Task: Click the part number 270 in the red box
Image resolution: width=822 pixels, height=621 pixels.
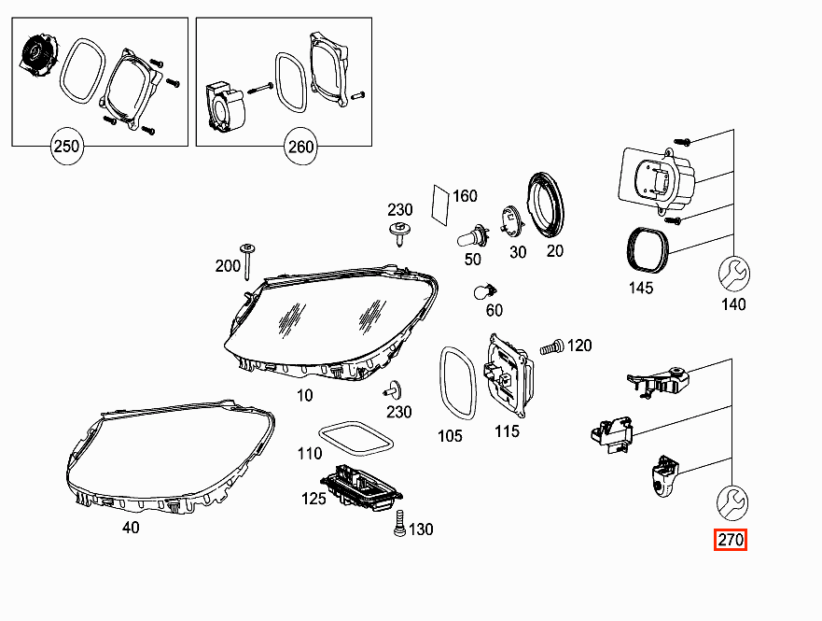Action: pyautogui.click(x=731, y=540)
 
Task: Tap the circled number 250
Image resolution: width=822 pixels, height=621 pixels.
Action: pyautogui.click(x=67, y=147)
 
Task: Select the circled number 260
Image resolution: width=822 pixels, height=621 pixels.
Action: pyautogui.click(x=301, y=147)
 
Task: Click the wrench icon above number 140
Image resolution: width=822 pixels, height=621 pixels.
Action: pyautogui.click(x=734, y=274)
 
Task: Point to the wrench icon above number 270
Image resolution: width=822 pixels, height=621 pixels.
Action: pyautogui.click(x=732, y=502)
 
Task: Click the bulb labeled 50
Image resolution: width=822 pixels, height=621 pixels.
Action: pyautogui.click(x=473, y=236)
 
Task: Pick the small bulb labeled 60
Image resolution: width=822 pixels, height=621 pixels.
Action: pyautogui.click(x=485, y=291)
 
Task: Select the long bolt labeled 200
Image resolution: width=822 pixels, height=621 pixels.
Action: pyautogui.click(x=246, y=261)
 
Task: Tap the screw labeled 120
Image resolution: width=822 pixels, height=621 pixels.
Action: pyautogui.click(x=552, y=346)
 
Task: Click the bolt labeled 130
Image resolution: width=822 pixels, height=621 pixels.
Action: pyautogui.click(x=400, y=523)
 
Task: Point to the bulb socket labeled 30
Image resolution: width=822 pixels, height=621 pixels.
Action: pyautogui.click(x=510, y=221)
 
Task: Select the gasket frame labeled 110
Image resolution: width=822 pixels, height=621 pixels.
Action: pyautogui.click(x=356, y=437)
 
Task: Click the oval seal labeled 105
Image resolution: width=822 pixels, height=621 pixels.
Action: pyautogui.click(x=458, y=383)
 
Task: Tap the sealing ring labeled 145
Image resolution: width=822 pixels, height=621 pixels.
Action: pyautogui.click(x=648, y=250)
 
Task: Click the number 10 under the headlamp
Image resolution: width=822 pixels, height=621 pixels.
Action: pyautogui.click(x=304, y=395)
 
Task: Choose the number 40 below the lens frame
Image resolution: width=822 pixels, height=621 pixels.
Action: pyautogui.click(x=131, y=527)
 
